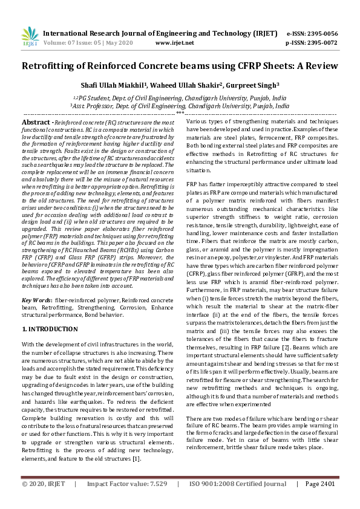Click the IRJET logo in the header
30,37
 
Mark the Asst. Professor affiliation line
180,105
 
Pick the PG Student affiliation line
180,97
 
